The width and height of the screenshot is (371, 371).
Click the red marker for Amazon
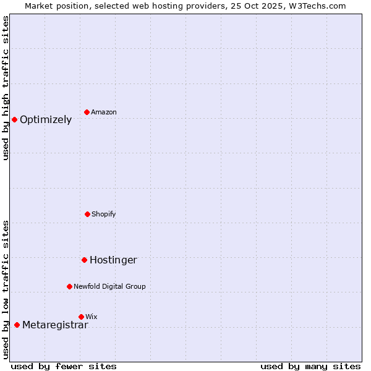click(87, 112)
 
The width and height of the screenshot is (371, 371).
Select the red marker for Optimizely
click(14, 119)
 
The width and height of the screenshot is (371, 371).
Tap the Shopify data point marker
click(87, 214)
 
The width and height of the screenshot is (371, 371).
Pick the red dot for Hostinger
click(84, 260)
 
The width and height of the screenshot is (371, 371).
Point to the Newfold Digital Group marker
click(69, 286)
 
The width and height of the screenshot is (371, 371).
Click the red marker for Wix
click(81, 317)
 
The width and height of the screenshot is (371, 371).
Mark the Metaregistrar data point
click(17, 325)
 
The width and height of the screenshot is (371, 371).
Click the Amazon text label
click(104, 112)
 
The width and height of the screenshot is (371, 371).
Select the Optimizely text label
click(46, 120)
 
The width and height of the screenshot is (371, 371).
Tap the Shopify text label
click(104, 214)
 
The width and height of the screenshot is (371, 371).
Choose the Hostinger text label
click(113, 260)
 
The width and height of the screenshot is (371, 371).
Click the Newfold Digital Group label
click(109, 286)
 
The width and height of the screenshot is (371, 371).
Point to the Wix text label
click(92, 317)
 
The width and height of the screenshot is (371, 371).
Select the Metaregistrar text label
click(55, 325)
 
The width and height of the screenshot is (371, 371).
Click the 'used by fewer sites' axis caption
click(64, 366)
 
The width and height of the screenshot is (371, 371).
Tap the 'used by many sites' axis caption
click(310, 366)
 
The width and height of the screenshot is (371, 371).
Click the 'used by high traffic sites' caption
click(6, 88)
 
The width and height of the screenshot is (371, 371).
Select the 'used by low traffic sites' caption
click(6, 289)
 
